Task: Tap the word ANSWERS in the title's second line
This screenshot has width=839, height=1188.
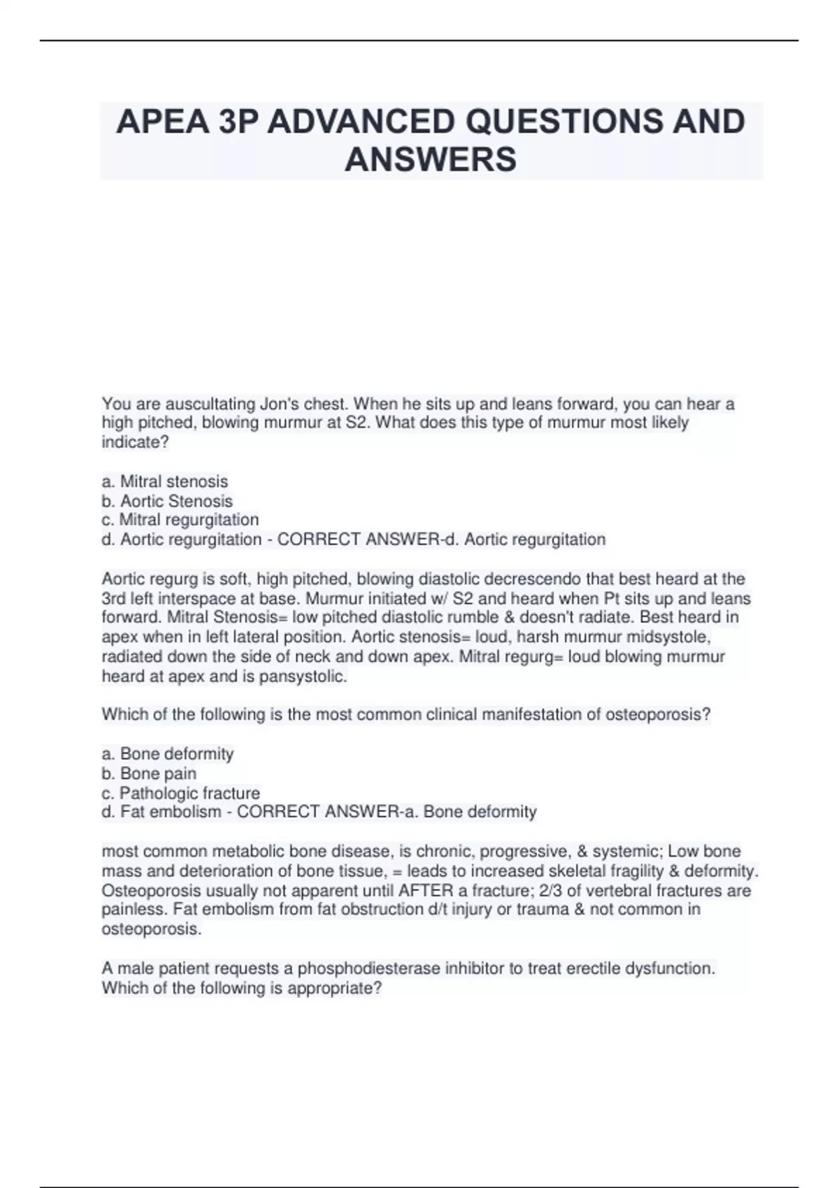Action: [431, 159]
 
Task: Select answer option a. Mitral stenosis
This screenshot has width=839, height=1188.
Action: [165, 481]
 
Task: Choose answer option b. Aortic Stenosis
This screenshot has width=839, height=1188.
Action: [167, 501]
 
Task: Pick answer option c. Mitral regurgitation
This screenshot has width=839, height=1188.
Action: [180, 520]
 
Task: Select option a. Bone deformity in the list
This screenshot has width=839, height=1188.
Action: [168, 754]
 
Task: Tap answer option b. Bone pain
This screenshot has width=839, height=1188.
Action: [149, 774]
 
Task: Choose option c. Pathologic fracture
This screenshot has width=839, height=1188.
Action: [181, 793]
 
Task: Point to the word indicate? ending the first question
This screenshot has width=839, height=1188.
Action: [136, 442]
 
